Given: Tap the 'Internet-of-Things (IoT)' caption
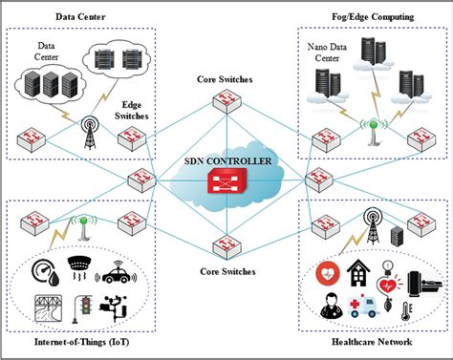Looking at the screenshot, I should pyautogui.click(x=72, y=343).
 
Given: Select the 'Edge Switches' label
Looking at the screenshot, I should pyautogui.click(x=134, y=112).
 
